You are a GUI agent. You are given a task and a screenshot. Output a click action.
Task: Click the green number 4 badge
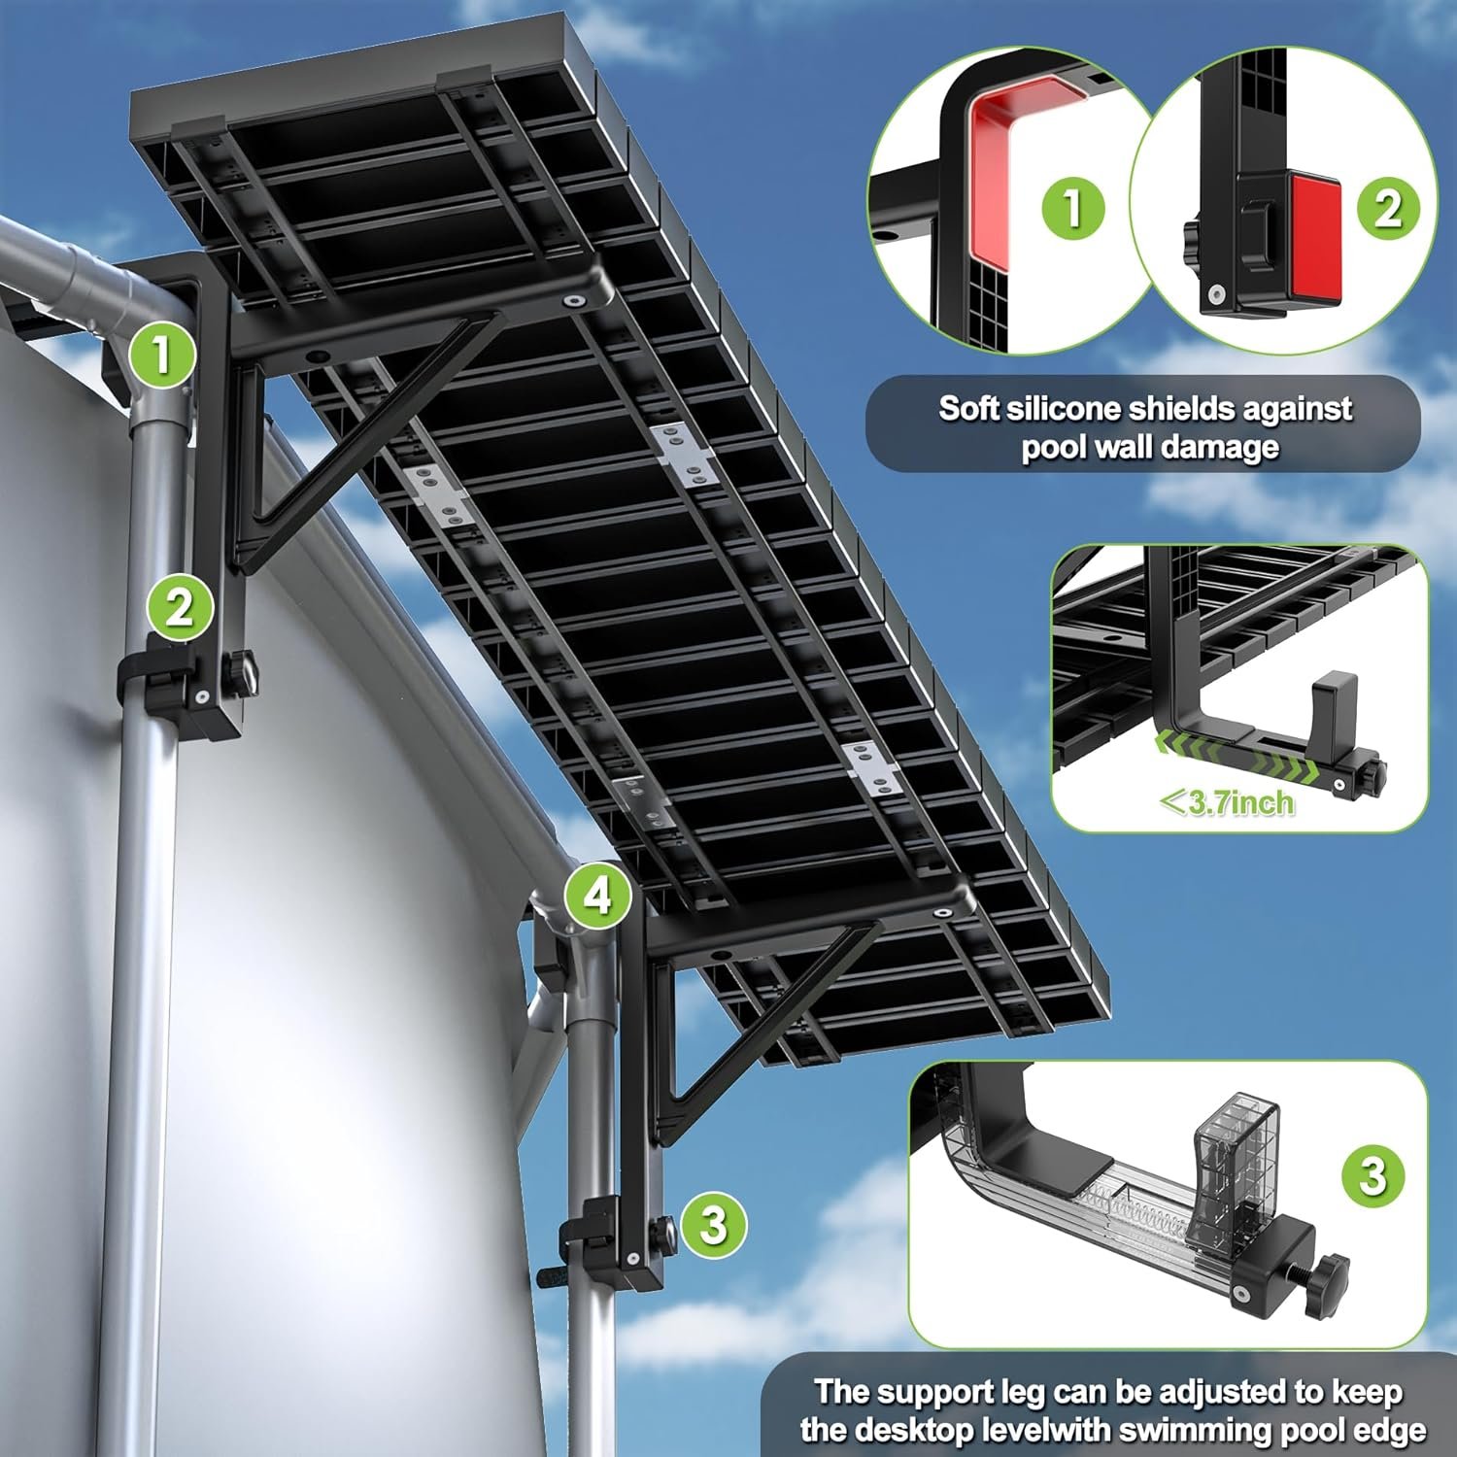(599, 895)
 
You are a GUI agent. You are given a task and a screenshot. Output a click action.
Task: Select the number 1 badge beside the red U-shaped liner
(1073, 207)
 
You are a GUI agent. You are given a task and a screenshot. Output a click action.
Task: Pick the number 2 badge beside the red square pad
(1388, 207)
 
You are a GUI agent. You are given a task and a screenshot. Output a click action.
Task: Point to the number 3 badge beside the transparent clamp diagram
(1373, 1175)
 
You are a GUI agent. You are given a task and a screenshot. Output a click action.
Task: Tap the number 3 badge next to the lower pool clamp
(714, 1224)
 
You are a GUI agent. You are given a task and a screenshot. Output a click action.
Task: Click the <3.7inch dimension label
(1227, 803)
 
